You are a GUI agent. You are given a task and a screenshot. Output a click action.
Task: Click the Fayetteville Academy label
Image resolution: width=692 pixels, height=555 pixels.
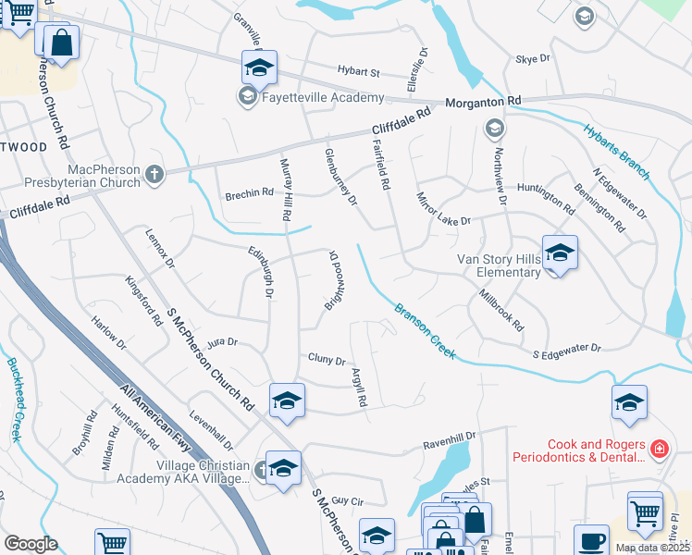(322, 98)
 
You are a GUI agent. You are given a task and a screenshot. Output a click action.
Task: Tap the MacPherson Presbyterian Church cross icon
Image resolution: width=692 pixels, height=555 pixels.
(154, 173)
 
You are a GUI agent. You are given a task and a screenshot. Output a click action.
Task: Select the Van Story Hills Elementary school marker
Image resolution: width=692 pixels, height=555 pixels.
(560, 253)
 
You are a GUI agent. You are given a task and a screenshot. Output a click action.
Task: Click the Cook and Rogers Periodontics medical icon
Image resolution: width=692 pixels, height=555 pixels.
(659, 450)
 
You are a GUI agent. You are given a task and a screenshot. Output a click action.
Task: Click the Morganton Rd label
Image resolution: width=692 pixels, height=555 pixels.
(483, 101)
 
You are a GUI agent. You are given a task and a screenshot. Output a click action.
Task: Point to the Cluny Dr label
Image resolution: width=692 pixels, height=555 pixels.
(327, 361)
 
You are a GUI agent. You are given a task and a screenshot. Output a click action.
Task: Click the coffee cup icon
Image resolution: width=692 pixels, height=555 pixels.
(591, 541)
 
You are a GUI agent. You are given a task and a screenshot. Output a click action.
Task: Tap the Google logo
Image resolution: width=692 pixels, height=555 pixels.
(31, 544)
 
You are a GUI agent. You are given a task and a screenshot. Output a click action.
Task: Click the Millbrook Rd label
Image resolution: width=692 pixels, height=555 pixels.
(502, 311)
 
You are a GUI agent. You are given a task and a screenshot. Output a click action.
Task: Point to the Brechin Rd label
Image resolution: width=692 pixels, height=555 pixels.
(250, 194)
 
